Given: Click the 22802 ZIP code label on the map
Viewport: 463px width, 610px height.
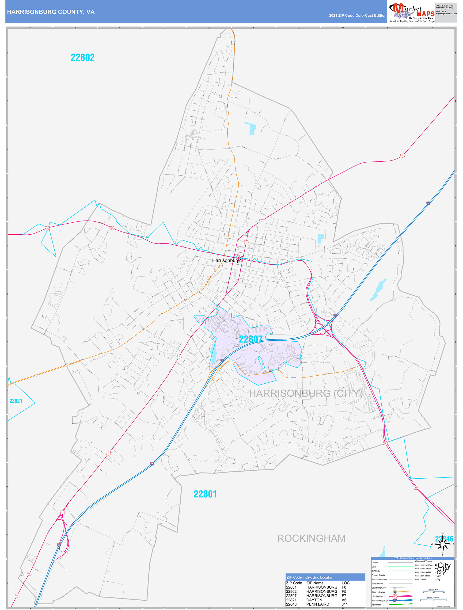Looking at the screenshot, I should tap(83, 57).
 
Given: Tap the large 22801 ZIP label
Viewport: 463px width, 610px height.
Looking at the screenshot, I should tap(205, 494).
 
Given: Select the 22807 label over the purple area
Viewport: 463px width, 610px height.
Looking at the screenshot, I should tap(250, 339).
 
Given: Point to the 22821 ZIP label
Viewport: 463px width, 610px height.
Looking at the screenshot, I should tap(16, 401).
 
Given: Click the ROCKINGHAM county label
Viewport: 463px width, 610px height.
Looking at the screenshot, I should tap(311, 538).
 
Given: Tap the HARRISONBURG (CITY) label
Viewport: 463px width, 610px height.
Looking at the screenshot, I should tap(306, 393).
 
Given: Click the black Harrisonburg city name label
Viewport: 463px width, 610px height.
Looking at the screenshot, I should tap(226, 260).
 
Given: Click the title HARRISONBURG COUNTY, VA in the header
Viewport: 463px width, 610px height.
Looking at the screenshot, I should tap(51, 12).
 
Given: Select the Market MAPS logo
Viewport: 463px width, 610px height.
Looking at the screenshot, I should tap(411, 12).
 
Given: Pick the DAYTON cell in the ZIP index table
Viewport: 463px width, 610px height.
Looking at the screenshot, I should tap(314, 600).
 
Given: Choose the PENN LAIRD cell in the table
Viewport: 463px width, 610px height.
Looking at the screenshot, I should tap(317, 604).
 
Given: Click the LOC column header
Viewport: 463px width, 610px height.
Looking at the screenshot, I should tap(345, 583).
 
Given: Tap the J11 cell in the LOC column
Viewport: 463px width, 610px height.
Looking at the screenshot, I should tap(345, 604).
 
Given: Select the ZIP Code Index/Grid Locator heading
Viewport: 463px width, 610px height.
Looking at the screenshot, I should tap(309, 577).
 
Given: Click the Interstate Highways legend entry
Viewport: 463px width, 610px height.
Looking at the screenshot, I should tap(380, 600).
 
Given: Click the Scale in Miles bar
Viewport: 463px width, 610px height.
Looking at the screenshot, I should tap(433, 591).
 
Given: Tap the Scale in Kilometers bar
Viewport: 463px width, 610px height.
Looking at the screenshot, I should tap(433, 599).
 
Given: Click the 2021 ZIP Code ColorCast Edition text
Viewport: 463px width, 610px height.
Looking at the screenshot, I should tap(357, 15).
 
